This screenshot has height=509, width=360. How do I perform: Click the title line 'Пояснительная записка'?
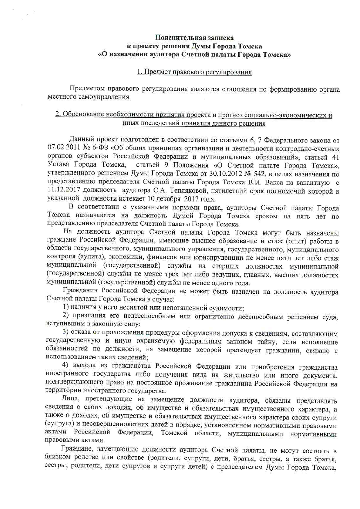pos(194,38)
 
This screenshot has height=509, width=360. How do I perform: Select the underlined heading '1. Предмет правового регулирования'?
pos(194,72)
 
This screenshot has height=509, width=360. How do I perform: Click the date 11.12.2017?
pos(63,191)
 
